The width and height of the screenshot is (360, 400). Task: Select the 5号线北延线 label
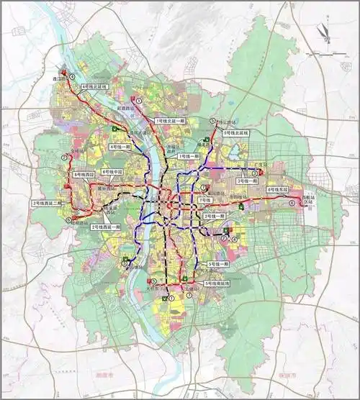235,133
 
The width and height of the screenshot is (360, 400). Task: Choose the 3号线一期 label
247,182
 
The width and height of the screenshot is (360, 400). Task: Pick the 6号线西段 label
85,175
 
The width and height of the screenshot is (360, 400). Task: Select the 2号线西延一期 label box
107,227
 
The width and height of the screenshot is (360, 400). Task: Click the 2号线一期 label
215,215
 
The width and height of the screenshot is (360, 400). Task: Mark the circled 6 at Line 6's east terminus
292,203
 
